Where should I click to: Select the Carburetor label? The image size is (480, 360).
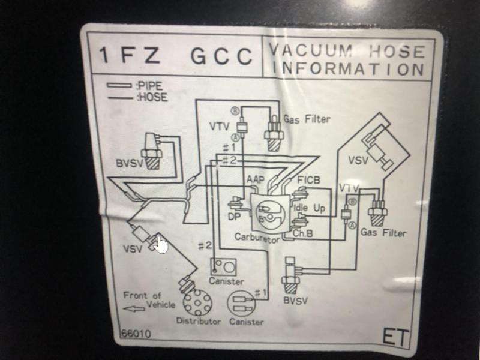[x=257, y=238]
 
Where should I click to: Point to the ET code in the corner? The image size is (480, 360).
[x=395, y=337]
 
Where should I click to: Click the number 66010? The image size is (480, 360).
[x=136, y=334]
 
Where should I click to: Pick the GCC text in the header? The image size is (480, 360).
[x=221, y=56]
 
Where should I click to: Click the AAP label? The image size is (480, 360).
[x=256, y=179]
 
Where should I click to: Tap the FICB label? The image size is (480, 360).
[x=309, y=180]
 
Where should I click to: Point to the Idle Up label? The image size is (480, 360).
[x=309, y=208]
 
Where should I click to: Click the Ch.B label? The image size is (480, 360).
[x=304, y=232]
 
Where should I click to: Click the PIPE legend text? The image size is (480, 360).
[x=149, y=86]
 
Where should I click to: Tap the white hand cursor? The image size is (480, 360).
[x=160, y=245]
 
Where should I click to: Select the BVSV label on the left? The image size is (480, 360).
[x=130, y=164]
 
